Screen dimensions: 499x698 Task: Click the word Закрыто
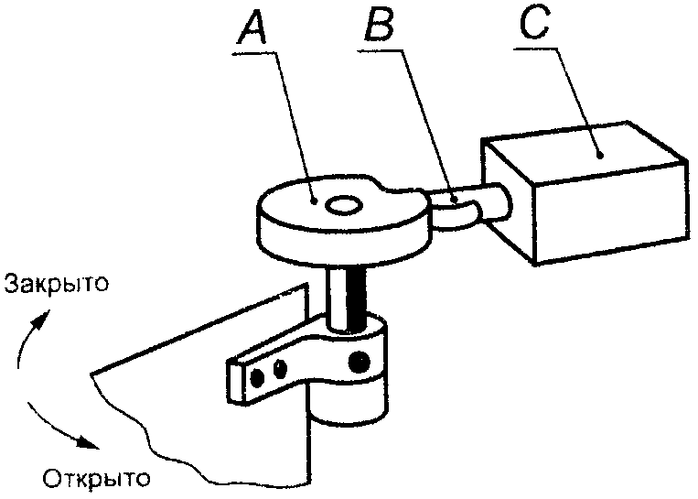coord(57,284)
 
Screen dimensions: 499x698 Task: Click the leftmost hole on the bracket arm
coord(260,374)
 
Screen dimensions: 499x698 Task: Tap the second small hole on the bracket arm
coord(280,369)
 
